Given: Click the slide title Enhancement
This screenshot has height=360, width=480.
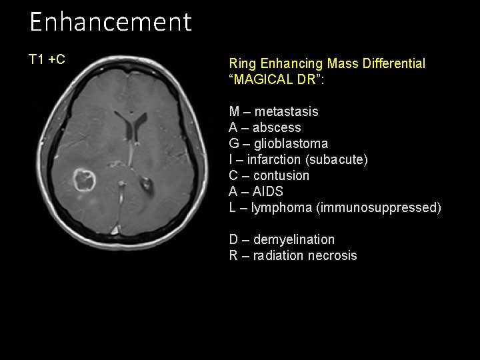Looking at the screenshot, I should pyautogui.click(x=110, y=22).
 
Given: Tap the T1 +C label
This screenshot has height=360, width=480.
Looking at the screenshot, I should pyautogui.click(x=47, y=60).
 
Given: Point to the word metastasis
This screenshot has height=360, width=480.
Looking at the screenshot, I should pyautogui.click(x=286, y=111).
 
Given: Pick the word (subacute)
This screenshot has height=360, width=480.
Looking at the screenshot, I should pyautogui.click(x=343, y=159).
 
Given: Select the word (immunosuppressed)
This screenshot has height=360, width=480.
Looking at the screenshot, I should pyautogui.click(x=379, y=207).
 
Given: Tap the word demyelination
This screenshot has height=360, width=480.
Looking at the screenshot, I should pyautogui.click(x=294, y=239).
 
